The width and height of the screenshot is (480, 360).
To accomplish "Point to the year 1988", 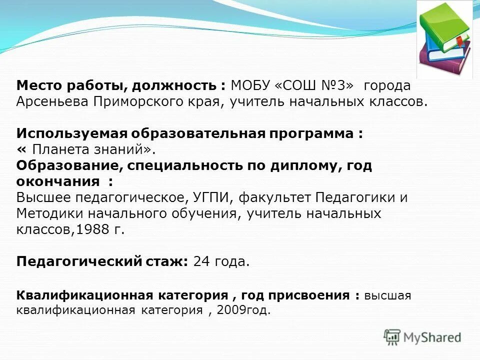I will click(x=91, y=229).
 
